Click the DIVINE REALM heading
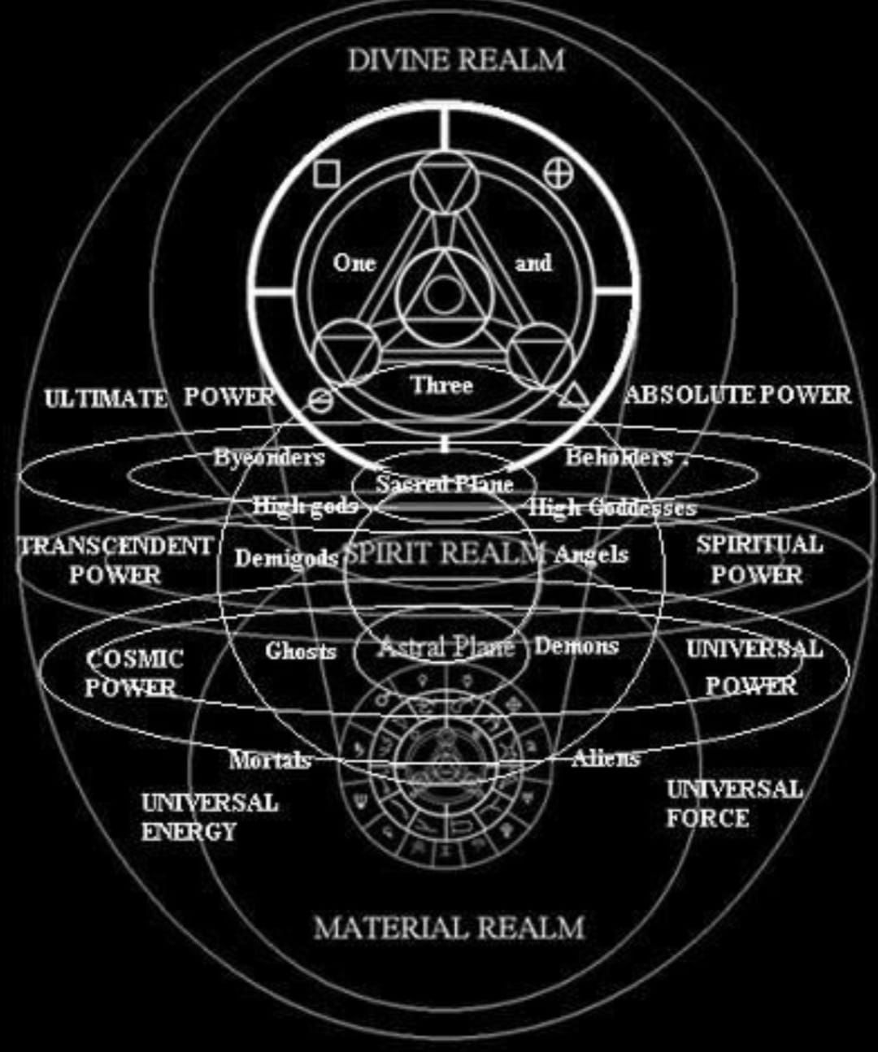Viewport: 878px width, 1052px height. pyautogui.click(x=456, y=59)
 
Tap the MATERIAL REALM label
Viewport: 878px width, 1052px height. pyautogui.click(x=449, y=927)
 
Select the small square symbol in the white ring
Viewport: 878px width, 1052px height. pyautogui.click(x=326, y=174)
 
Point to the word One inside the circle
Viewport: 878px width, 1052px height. pyautogui.click(x=354, y=262)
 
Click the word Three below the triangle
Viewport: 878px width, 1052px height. pyautogui.click(x=441, y=384)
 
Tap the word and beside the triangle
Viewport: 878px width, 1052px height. pyautogui.click(x=533, y=262)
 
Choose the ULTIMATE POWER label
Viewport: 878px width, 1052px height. pyautogui.click(x=161, y=397)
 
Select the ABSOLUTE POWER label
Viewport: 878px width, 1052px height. pyautogui.click(x=738, y=395)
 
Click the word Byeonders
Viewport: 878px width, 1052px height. pyautogui.click(x=269, y=457)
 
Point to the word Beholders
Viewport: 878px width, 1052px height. pyautogui.click(x=619, y=457)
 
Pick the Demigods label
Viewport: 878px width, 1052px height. pyautogui.click(x=286, y=557)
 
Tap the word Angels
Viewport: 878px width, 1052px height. pyautogui.click(x=591, y=554)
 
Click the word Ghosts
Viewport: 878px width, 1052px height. pyautogui.click(x=300, y=650)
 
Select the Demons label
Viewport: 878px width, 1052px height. pyautogui.click(x=576, y=646)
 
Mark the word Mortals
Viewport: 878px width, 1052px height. pyautogui.click(x=270, y=760)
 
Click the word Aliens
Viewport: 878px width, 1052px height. pyautogui.click(x=606, y=758)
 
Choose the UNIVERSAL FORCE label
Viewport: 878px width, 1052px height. pyautogui.click(x=734, y=803)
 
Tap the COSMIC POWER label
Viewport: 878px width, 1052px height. pyautogui.click(x=134, y=673)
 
